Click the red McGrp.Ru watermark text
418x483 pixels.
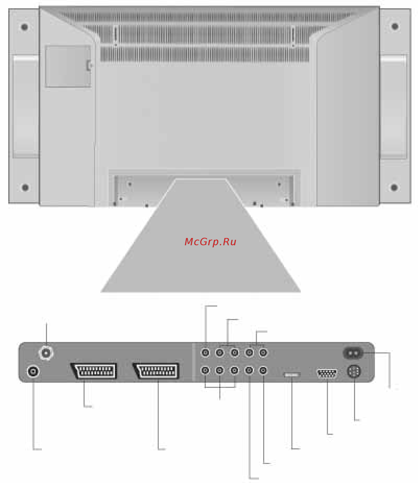tap(210, 242)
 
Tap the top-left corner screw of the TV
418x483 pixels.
tap(24, 27)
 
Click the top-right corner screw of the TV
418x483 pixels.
tap(395, 26)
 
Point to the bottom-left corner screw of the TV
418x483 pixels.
tap(25, 187)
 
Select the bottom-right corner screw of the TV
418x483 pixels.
tap(394, 187)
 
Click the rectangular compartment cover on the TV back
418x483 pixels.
tap(68, 66)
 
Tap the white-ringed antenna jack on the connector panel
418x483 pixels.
tap(46, 353)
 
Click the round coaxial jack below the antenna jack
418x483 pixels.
tap(33, 371)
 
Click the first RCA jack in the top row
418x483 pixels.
tap(205, 353)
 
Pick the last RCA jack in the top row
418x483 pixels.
tap(263, 353)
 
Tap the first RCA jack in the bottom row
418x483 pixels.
tap(205, 370)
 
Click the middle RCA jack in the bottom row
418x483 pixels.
tap(234, 370)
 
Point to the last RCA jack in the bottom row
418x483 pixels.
tap(263, 370)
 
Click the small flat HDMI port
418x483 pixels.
tap(292, 375)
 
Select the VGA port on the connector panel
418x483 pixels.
tap(327, 373)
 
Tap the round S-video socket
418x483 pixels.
tap(354, 371)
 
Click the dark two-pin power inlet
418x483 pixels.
tap(353, 353)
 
